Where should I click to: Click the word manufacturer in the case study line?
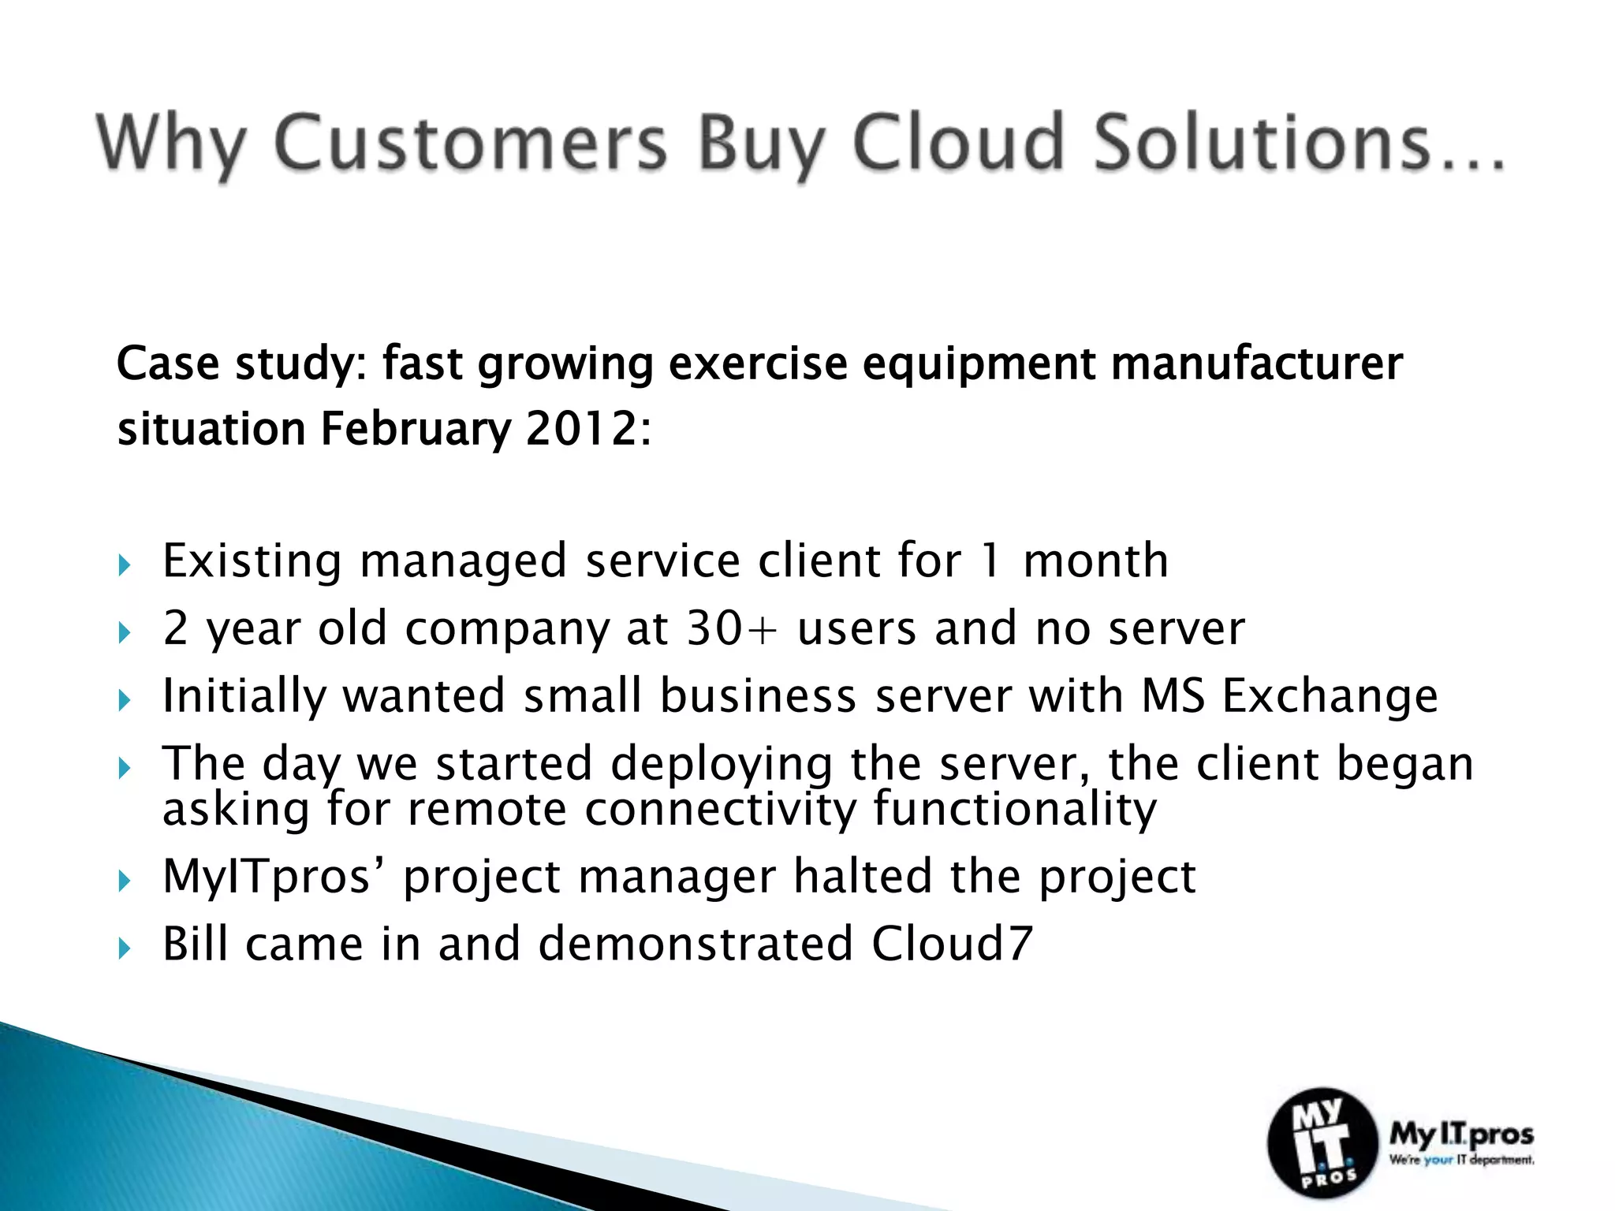(x=1256, y=364)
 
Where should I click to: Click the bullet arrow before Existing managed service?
(x=124, y=565)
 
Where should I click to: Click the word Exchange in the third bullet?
(x=1330, y=696)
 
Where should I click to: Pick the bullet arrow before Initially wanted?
(x=124, y=700)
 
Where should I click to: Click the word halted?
(x=862, y=876)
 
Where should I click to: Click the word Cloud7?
(x=951, y=944)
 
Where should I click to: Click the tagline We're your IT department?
(x=1461, y=1161)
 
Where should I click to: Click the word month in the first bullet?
(x=1095, y=561)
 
